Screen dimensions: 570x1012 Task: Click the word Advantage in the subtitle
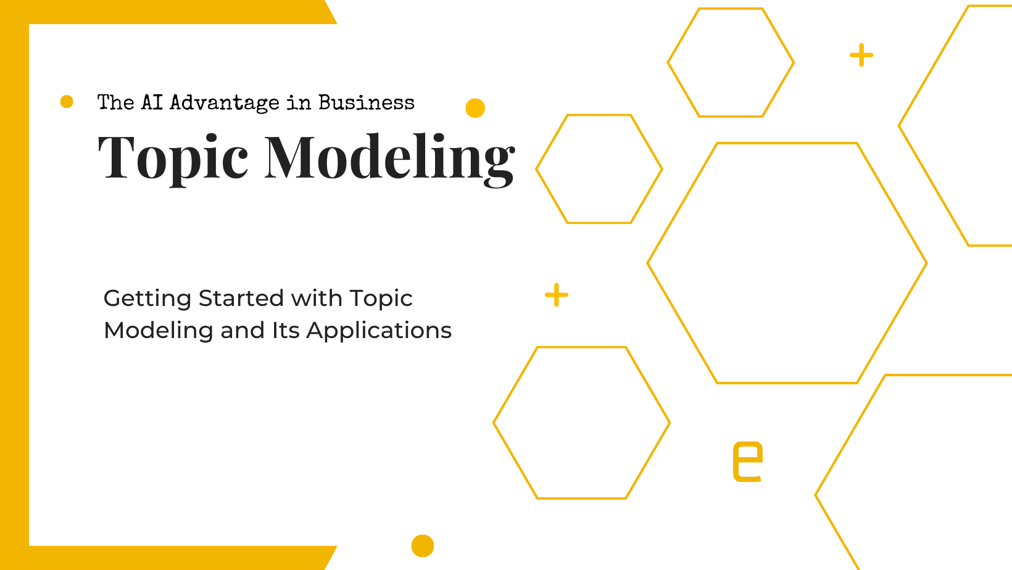225,102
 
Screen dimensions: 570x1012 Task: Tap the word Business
367,102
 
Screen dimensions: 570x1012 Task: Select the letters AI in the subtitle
152,102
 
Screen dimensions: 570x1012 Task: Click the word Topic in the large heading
173,158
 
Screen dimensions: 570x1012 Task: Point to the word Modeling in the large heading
389,158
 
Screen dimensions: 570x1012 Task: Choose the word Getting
147,299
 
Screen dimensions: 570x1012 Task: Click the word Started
242,299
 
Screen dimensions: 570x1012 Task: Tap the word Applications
379,331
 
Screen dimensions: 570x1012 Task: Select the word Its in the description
286,331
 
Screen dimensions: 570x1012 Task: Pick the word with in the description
317,299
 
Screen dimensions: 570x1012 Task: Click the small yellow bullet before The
67,102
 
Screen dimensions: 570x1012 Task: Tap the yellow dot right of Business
475,108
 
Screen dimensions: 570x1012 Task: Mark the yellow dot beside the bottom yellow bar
423,546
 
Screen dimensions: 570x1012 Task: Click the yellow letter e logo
747,461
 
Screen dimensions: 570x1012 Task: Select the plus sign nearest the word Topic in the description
557,295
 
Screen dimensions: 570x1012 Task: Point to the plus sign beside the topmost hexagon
861,55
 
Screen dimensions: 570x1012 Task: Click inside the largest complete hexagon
787,263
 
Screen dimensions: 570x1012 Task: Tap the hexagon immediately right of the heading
599,169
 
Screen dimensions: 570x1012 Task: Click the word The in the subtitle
115,102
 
